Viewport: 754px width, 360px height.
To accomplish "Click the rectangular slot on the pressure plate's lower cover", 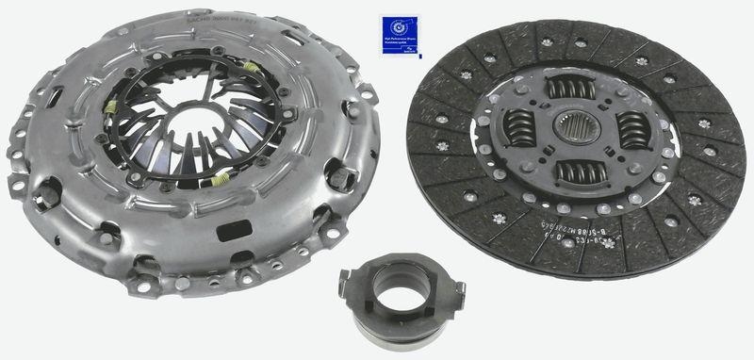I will (x=230, y=233).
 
